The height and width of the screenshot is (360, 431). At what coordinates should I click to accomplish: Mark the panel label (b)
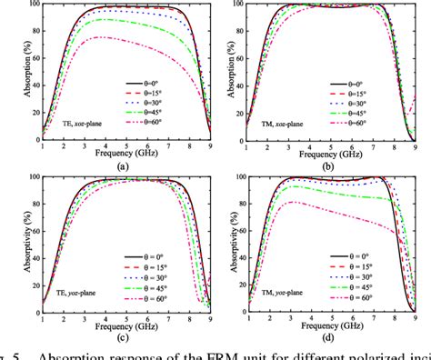pyautogui.click(x=327, y=165)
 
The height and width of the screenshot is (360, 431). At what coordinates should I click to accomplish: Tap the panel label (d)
pyautogui.click(x=327, y=335)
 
